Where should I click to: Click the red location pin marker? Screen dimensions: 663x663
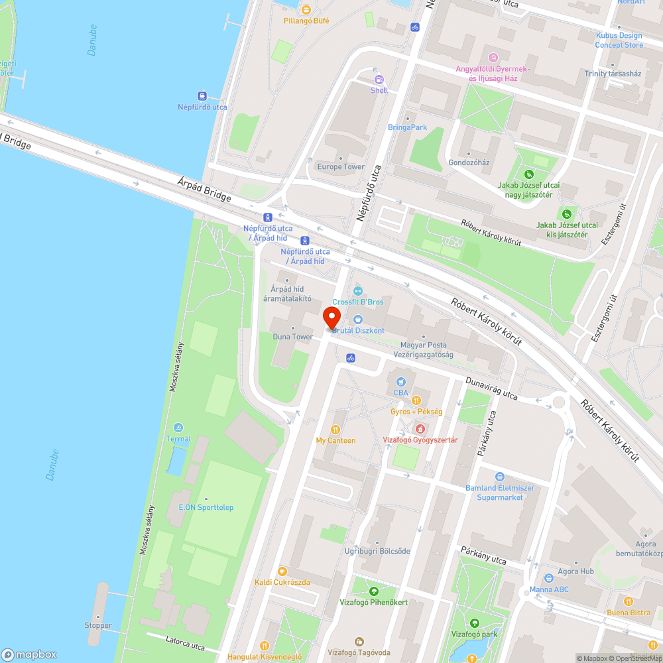coord(331,317)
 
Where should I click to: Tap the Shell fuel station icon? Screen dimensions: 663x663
coord(379,80)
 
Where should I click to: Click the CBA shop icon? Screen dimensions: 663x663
coord(400,381)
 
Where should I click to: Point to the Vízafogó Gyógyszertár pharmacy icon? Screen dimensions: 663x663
coord(420,429)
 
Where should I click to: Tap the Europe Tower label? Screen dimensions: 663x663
coord(341,166)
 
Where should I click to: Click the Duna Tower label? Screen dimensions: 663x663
coord(292,337)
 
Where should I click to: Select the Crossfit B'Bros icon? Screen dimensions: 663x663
coord(358,290)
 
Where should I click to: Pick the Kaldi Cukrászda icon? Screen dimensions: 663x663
coord(282,572)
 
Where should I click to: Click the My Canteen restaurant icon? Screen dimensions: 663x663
coord(335,429)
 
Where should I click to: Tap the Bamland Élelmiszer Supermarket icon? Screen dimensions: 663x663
coord(500,477)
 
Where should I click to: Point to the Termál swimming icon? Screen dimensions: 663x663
coord(178,428)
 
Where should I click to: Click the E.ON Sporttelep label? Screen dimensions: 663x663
coord(206,507)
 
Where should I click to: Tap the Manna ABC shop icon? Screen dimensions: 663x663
coord(549,578)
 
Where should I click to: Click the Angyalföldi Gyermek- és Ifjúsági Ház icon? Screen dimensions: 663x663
coord(492,58)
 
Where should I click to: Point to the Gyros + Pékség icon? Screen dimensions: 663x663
coord(416,400)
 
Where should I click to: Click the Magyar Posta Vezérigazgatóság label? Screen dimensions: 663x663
coord(424,349)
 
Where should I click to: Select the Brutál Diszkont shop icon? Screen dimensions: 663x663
coord(358,320)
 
